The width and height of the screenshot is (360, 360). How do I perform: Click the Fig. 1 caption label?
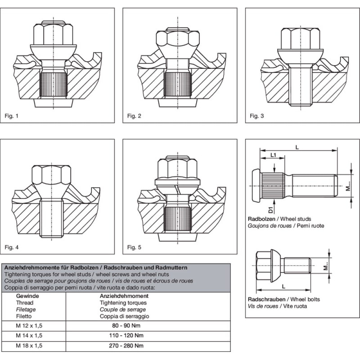(12, 116)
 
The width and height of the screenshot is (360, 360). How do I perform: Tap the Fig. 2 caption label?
(134, 116)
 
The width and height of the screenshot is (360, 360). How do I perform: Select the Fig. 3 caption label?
(256, 116)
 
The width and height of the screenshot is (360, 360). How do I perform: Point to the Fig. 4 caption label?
(12, 247)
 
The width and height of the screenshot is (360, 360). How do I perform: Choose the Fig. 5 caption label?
(134, 247)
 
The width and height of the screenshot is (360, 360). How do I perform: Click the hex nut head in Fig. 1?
(54, 34)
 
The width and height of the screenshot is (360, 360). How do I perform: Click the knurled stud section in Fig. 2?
(177, 85)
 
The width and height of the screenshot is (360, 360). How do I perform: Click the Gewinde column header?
(27, 297)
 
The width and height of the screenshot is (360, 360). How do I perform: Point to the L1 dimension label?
(273, 155)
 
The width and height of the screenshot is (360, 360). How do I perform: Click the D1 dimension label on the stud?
(271, 208)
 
